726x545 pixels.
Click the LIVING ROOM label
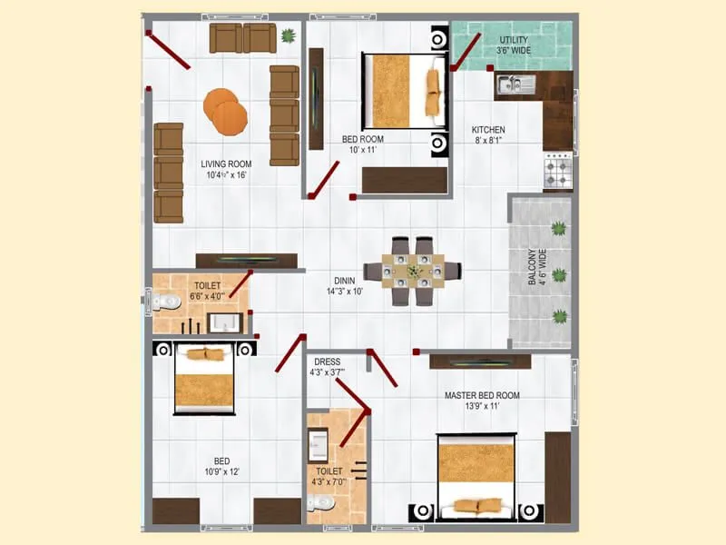pyautogui.click(x=226, y=169)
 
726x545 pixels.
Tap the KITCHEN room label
pyautogui.click(x=487, y=135)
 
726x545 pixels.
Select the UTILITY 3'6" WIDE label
pyautogui.click(x=514, y=45)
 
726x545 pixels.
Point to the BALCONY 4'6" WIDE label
pyautogui.click(x=536, y=269)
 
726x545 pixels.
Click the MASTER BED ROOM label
pyautogui.click(x=481, y=401)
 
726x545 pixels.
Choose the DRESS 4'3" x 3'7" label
pyautogui.click(x=327, y=367)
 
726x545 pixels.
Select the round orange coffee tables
pyautogui.click(x=225, y=110)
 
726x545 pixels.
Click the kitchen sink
pyautogui.click(x=514, y=85)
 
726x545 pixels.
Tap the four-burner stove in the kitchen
pyautogui.click(x=557, y=170)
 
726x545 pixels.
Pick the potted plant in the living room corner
pyautogui.click(x=289, y=36)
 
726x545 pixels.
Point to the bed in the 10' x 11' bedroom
pyautogui.click(x=404, y=91)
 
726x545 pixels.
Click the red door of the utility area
pyautogui.click(x=466, y=51)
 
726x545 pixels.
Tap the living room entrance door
pyautogui.click(x=169, y=49)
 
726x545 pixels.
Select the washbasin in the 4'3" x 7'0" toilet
pyautogui.click(x=319, y=445)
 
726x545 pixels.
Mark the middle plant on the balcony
pyautogui.click(x=560, y=273)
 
